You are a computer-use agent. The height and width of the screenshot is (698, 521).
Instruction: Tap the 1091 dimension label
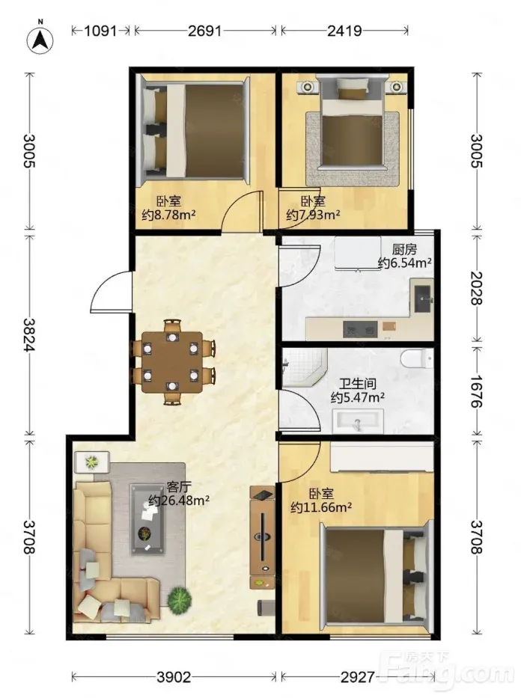point(100,31)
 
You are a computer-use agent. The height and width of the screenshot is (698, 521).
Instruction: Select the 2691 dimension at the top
point(205,31)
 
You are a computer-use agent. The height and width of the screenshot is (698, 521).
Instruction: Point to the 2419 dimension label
point(344,31)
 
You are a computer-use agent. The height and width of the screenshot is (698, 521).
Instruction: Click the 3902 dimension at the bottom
point(174,677)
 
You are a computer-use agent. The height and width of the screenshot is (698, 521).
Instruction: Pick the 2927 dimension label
point(358,677)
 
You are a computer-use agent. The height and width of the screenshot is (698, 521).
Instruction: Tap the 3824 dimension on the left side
point(30,334)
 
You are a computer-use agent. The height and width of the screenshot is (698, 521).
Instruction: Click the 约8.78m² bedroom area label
point(168,215)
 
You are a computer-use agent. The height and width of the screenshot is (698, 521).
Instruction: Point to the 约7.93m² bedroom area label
point(313,215)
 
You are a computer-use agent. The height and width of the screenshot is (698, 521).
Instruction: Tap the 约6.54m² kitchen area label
point(405,263)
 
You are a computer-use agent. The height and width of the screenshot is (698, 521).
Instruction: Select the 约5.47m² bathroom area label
point(358,397)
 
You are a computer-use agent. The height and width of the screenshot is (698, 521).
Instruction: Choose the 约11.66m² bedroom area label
point(321,507)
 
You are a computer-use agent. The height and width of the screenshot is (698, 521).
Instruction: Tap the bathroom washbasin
point(358,421)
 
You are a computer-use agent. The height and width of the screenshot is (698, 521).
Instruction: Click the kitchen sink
point(422,299)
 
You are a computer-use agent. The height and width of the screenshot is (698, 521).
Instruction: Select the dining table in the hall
point(172,362)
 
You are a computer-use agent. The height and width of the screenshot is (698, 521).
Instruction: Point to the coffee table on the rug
point(147,518)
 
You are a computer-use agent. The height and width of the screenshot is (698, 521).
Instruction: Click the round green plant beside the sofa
point(180,599)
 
